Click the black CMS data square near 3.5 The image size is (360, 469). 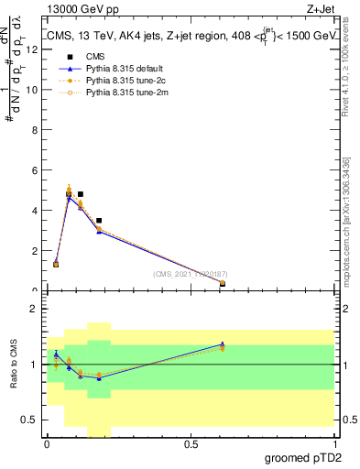(99, 221)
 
